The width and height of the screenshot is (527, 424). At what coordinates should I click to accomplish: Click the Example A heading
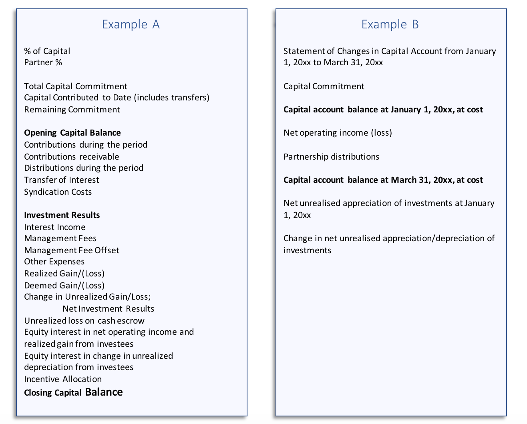[131, 24]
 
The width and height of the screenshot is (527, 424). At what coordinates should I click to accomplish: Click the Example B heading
[390, 24]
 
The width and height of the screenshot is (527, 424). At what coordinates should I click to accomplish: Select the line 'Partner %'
[43, 62]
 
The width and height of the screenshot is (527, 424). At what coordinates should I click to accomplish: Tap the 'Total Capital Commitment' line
[75, 86]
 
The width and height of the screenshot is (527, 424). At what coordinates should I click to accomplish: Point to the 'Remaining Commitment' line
[72, 110]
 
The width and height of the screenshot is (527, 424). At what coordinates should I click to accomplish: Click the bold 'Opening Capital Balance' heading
[72, 133]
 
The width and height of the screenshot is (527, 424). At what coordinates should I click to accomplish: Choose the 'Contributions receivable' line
[71, 157]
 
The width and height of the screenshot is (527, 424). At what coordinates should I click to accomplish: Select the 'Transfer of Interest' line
[61, 180]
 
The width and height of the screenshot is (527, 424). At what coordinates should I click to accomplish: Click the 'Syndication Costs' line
[58, 192]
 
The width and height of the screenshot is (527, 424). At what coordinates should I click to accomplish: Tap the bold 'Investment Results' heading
[62, 215]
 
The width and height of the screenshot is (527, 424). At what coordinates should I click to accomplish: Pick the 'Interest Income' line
[54, 227]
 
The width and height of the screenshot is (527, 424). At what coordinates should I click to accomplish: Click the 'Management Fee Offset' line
[71, 250]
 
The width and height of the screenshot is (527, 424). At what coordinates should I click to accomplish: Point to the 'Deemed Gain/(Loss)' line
[64, 286]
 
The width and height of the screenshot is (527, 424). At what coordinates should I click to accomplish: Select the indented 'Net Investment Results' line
[108, 309]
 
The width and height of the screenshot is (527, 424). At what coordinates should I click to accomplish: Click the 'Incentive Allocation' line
[62, 379]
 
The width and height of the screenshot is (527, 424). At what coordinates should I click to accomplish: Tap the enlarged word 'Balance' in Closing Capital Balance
[104, 392]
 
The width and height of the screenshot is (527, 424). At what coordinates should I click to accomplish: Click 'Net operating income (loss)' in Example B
[337, 133]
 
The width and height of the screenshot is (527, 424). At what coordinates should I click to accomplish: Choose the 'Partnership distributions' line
[331, 157]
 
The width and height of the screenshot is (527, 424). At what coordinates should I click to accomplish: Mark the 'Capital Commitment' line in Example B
[324, 86]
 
